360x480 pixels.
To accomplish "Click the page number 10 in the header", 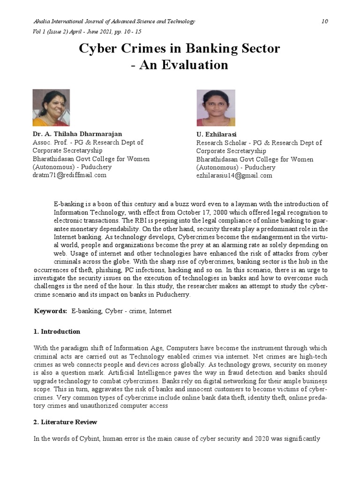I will point(325,22).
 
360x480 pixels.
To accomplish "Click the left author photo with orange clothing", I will point(51,108).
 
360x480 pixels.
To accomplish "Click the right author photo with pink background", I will point(216,108).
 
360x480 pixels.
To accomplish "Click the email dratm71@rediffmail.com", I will point(69,175).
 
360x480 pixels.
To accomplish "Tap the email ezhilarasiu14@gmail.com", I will point(234,175).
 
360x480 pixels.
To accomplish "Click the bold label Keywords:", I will point(51,311).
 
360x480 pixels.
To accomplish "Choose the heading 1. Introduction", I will point(57,331).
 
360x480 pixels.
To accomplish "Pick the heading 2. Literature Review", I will point(66,422).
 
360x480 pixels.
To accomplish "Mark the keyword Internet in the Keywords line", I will point(160,311).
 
